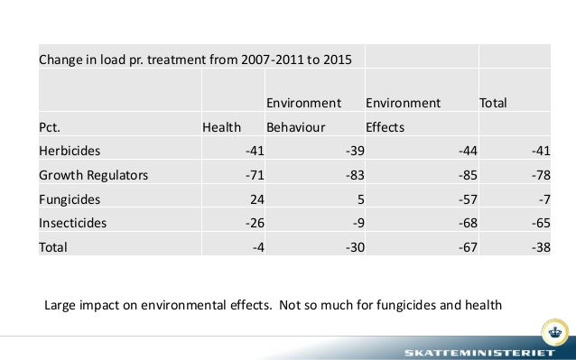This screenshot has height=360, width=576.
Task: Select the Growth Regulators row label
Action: [x=93, y=174]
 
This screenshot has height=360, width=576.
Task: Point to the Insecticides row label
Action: [x=72, y=222]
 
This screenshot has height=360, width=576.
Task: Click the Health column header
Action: [x=221, y=127]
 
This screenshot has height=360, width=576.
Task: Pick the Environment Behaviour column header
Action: [x=302, y=115]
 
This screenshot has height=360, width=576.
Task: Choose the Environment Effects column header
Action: [x=403, y=115]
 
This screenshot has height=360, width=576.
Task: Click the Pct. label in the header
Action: [x=51, y=127]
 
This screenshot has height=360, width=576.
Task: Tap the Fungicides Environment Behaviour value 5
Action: [x=358, y=198]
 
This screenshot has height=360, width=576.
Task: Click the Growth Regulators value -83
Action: [x=353, y=174]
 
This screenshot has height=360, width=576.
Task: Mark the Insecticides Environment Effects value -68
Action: [x=464, y=222]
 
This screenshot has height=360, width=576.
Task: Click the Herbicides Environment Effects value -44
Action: [x=464, y=150]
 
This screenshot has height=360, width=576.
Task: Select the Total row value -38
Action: [x=539, y=246]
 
